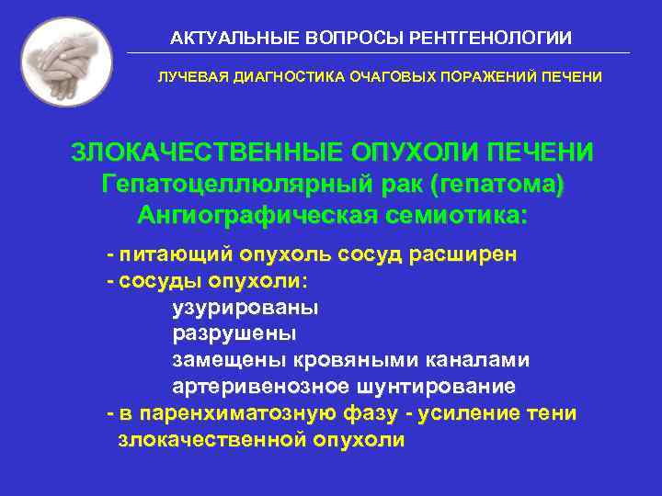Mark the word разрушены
[x=234, y=333]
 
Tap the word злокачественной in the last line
[x=210, y=440]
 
